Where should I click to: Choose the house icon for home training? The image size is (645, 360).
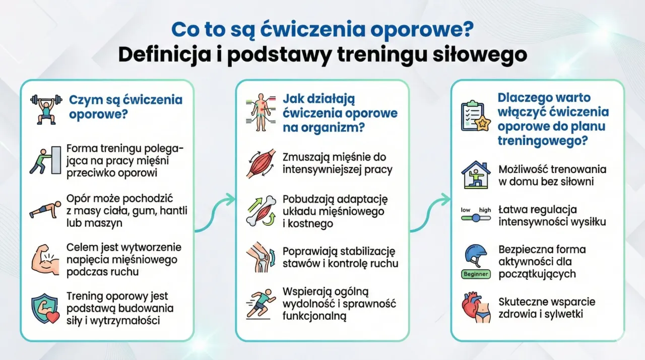(x=476, y=174)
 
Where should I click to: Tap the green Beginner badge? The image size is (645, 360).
(x=475, y=274)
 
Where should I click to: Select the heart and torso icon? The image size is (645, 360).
(x=476, y=308)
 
